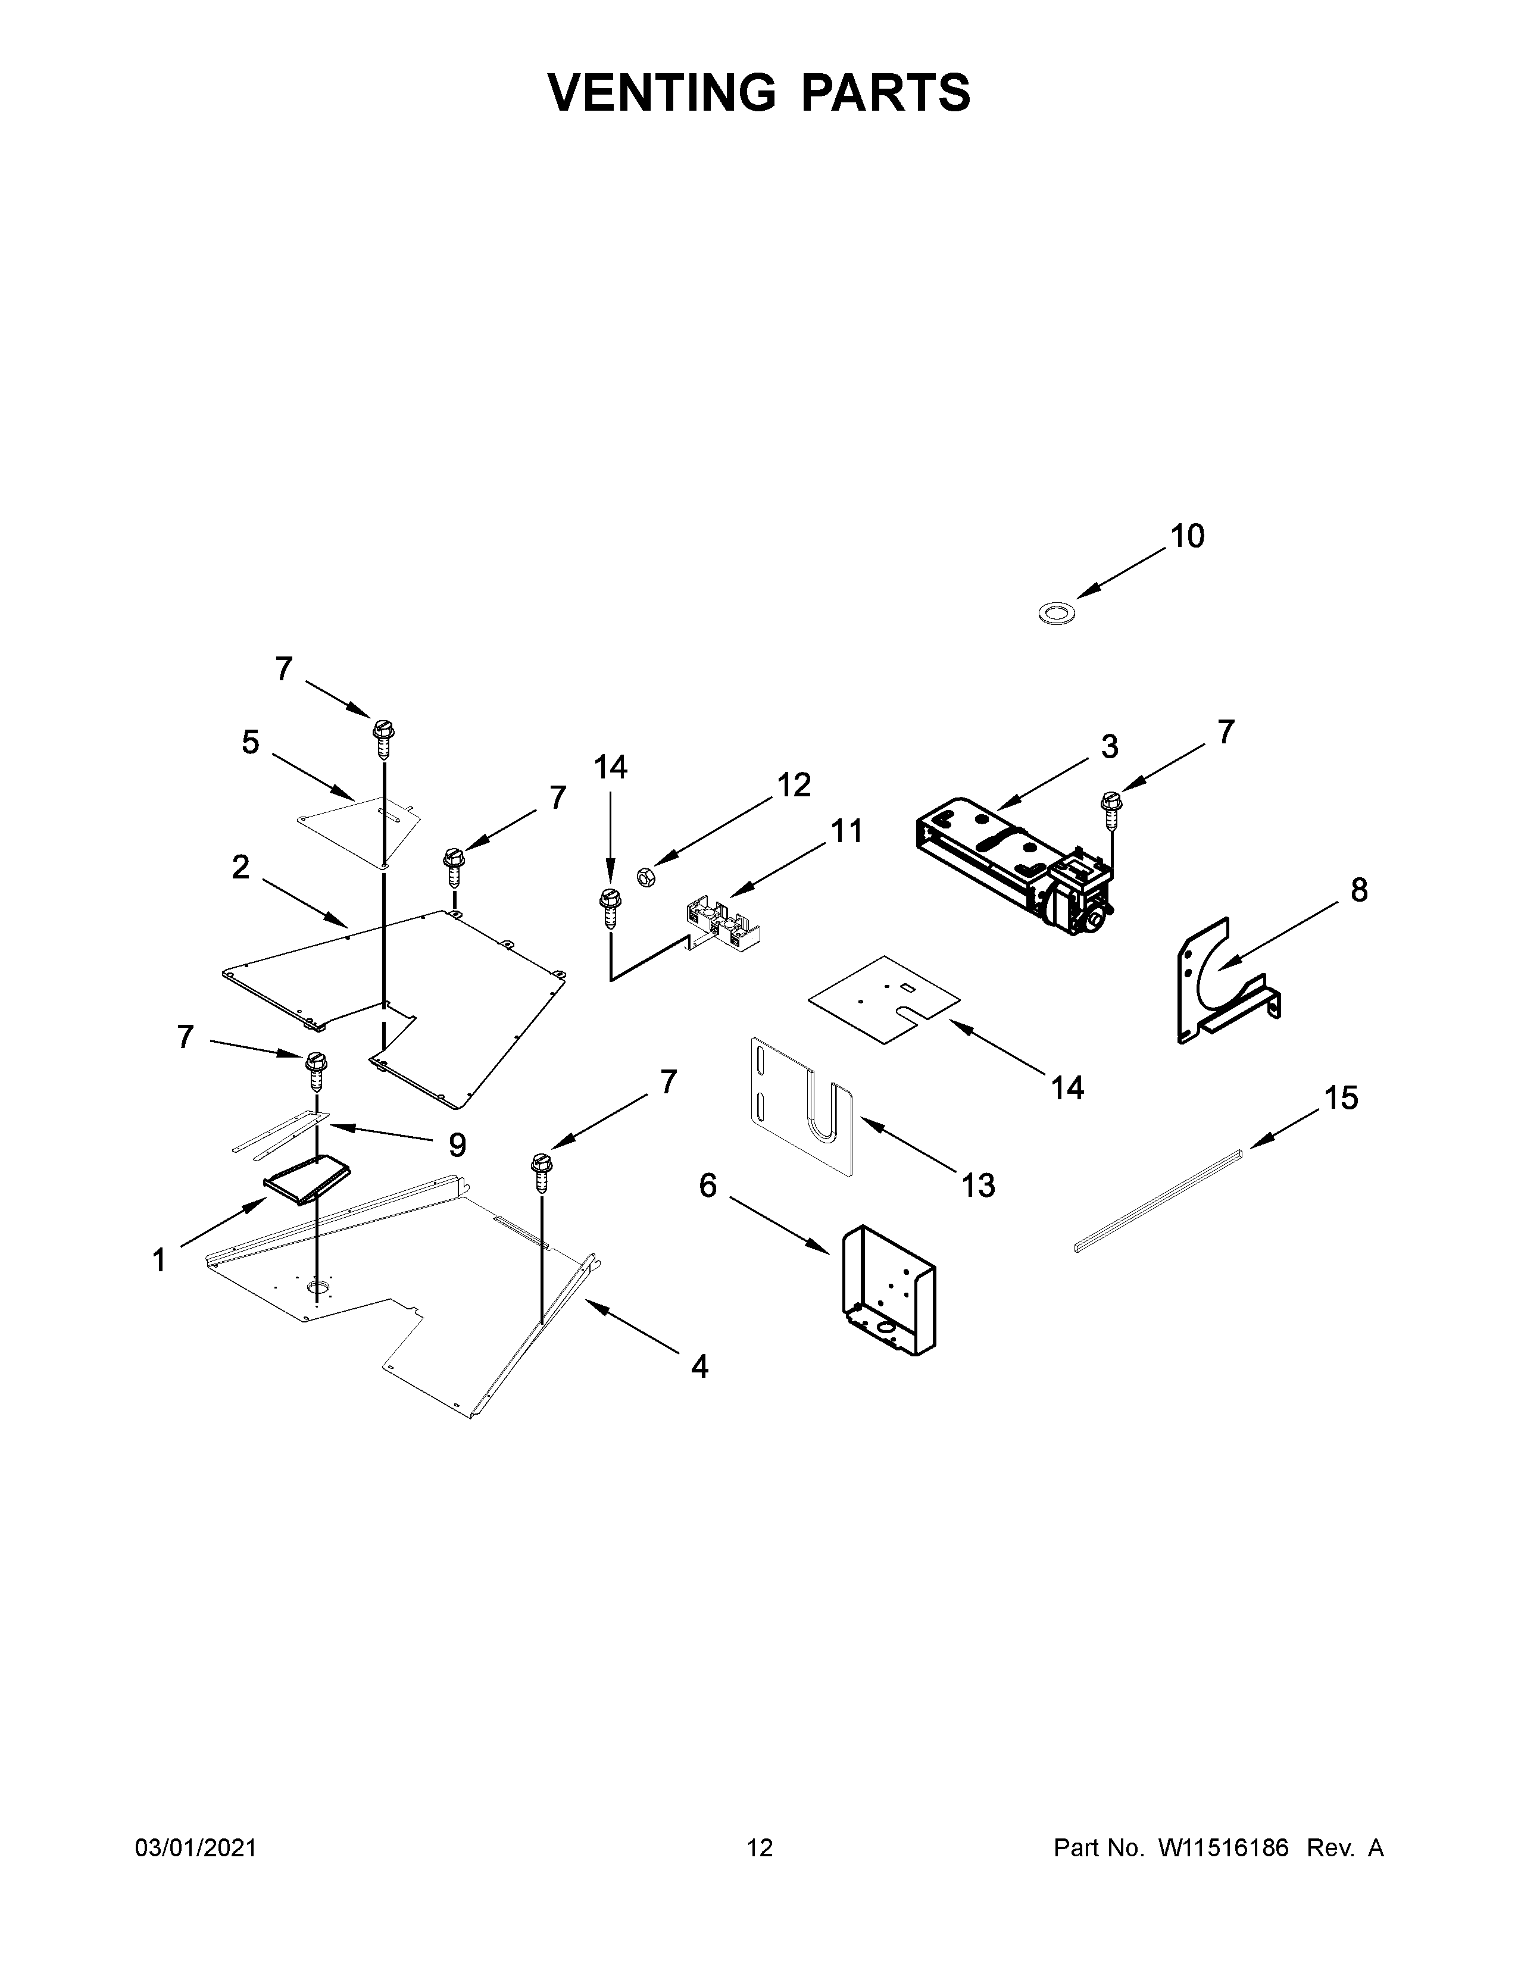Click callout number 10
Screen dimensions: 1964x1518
[1186, 536]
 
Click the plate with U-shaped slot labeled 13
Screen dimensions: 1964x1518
[800, 1106]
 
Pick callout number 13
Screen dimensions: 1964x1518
[979, 1185]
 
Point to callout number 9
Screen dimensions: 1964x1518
[457, 1144]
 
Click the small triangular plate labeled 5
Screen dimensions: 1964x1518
[360, 827]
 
